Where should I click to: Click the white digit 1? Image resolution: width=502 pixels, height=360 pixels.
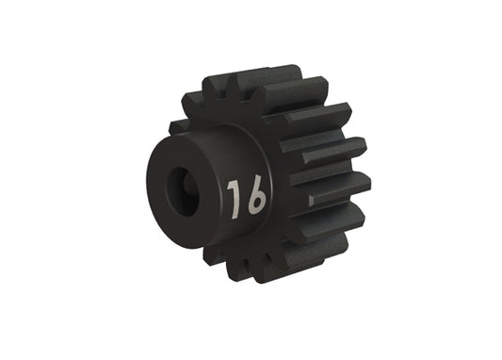[x=233, y=195]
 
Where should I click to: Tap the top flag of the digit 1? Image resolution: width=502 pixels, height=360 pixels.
[x=229, y=185]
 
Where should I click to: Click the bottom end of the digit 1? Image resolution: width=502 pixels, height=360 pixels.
[x=235, y=208]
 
